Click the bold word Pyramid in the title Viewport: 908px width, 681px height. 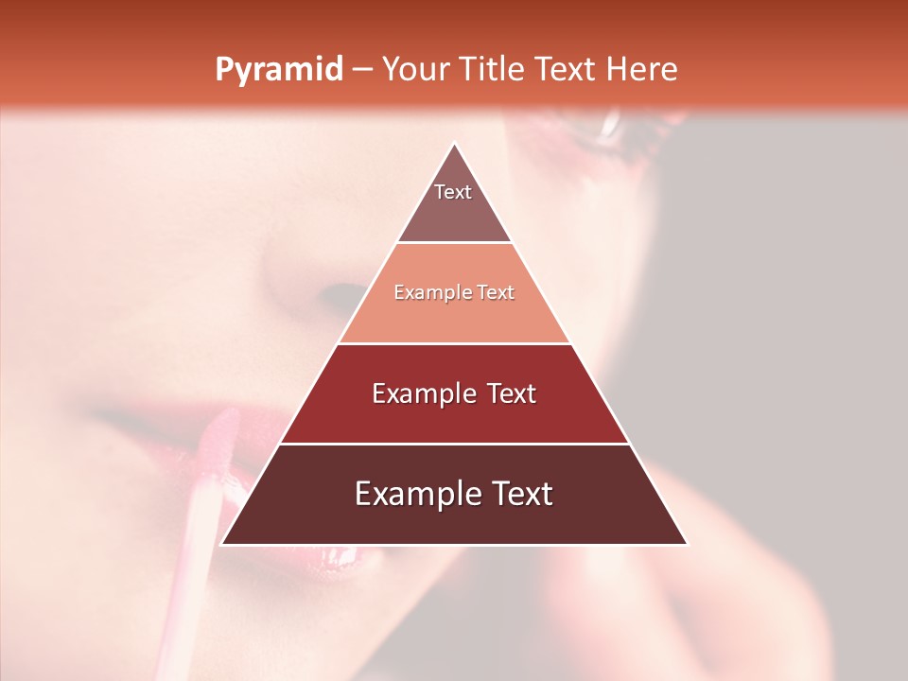(x=279, y=70)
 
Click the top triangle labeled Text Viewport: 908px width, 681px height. (x=453, y=203)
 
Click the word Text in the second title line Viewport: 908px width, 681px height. (x=568, y=70)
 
